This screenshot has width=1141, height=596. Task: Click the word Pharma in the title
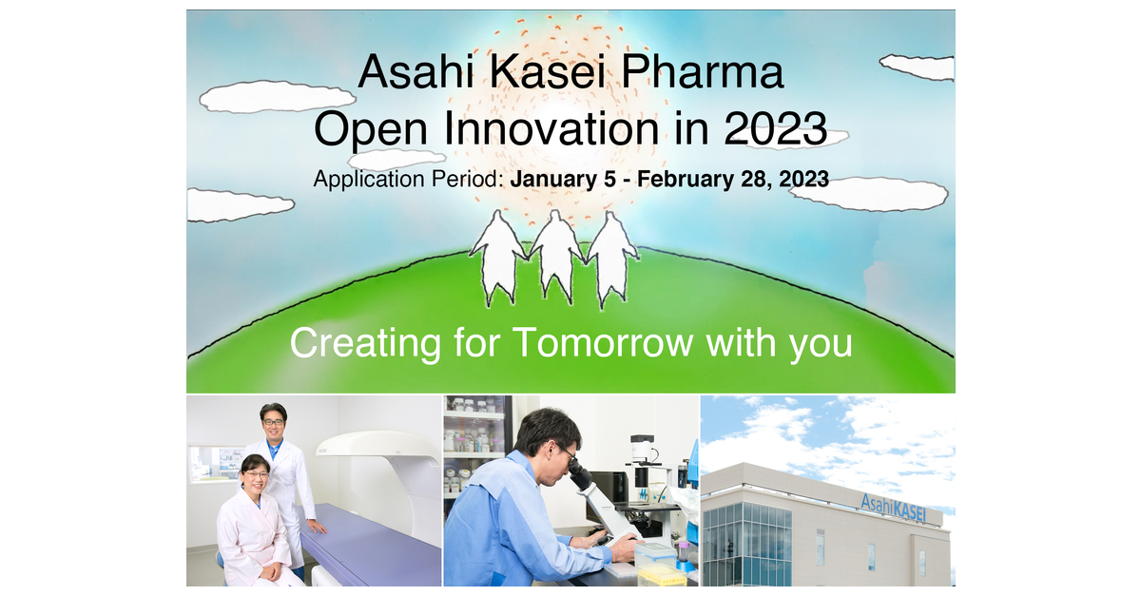tap(703, 72)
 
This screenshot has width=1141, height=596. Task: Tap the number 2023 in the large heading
tap(776, 129)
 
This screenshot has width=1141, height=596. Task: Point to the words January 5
tap(563, 180)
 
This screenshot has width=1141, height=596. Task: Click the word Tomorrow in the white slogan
tap(603, 343)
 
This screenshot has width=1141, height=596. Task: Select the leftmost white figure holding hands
tap(497, 258)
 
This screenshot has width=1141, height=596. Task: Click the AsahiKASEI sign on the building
tap(893, 508)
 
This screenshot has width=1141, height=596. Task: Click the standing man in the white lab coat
tap(281, 479)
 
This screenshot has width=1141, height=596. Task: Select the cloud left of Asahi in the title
tap(278, 96)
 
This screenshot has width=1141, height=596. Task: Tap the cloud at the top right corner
tap(918, 67)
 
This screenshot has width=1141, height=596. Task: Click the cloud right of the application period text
tap(869, 194)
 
